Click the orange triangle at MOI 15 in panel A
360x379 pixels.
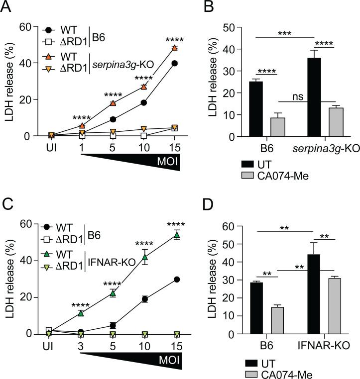point(174,48)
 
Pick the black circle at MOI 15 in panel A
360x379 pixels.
point(174,63)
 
